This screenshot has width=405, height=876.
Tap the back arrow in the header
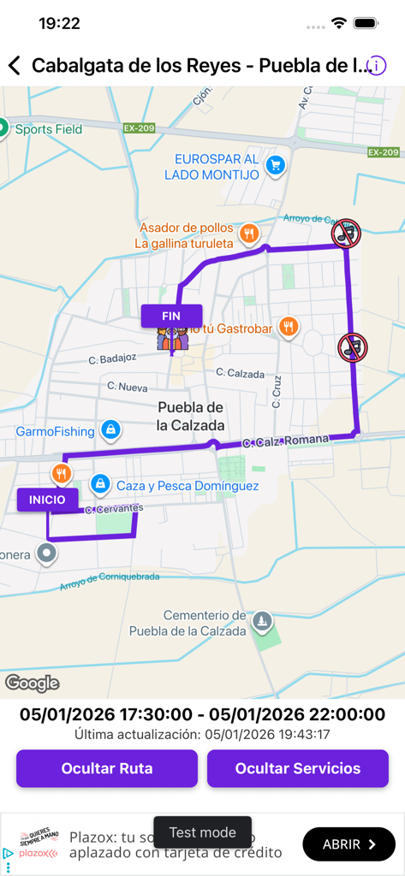click(x=14, y=66)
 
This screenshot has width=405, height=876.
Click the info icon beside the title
click(x=377, y=66)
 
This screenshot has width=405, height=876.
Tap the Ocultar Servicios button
click(x=298, y=768)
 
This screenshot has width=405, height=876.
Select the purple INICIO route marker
click(x=47, y=500)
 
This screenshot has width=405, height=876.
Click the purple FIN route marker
click(x=171, y=316)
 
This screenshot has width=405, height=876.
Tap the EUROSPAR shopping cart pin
click(x=274, y=165)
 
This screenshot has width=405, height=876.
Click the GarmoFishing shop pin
click(x=110, y=429)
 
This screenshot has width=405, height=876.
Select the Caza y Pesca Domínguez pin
click(x=100, y=485)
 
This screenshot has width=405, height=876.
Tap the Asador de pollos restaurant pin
click(x=249, y=233)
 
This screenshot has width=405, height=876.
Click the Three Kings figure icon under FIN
click(x=171, y=340)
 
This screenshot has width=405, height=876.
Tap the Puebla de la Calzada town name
click(x=191, y=416)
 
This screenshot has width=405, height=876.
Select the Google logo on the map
click(x=33, y=683)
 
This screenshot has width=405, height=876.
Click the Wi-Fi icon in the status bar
click(x=339, y=23)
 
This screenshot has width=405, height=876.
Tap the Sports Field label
click(x=49, y=130)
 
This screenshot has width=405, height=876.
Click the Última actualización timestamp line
click(x=202, y=734)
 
